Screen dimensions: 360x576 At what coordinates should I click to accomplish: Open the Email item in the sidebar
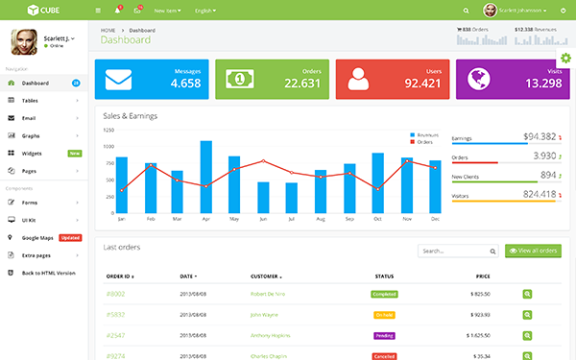pyautogui.click(x=30, y=118)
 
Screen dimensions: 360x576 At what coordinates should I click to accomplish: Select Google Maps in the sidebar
pyautogui.click(x=38, y=238)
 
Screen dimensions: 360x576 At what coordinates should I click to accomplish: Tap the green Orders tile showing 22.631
pyautogui.click(x=271, y=79)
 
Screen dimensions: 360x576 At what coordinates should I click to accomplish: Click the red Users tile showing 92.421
pyautogui.click(x=392, y=79)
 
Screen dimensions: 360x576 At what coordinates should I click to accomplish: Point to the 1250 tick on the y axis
pyautogui.click(x=108, y=131)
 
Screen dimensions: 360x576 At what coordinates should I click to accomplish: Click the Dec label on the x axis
pyautogui.click(x=435, y=219)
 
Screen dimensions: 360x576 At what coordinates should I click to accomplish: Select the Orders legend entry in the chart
pyautogui.click(x=424, y=141)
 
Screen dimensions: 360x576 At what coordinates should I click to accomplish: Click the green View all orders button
pyautogui.click(x=532, y=251)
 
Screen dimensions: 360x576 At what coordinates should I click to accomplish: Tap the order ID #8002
pyautogui.click(x=115, y=294)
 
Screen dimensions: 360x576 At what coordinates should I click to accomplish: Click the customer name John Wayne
pyautogui.click(x=265, y=314)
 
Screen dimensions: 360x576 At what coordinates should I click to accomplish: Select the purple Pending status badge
pyautogui.click(x=384, y=335)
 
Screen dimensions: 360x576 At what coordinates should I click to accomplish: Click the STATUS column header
pyautogui.click(x=384, y=276)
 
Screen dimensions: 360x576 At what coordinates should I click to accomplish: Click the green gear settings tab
pyautogui.click(x=564, y=60)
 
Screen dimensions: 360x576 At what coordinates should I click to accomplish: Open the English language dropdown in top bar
pyautogui.click(x=205, y=10)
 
